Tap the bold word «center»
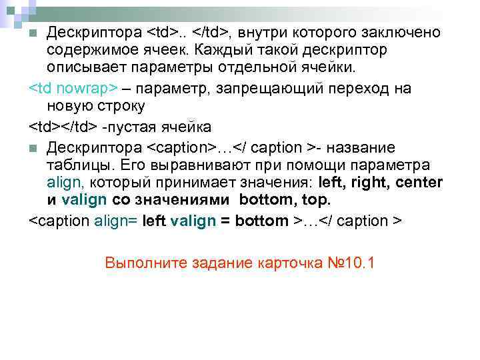[419, 183]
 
